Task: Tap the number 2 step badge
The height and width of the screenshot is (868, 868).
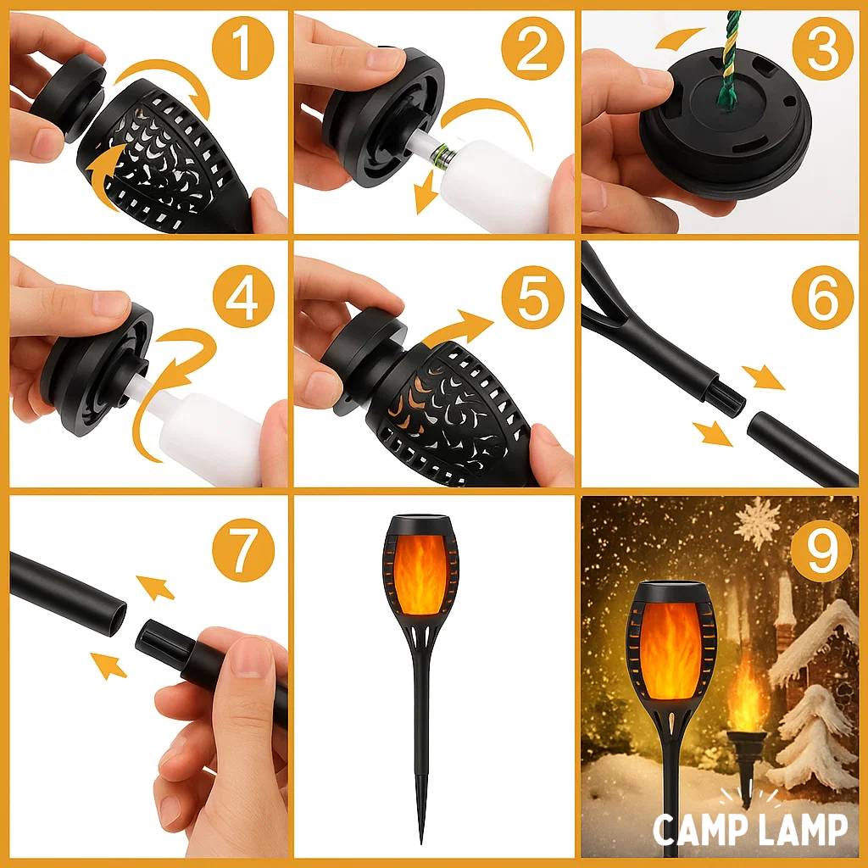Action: point(532,47)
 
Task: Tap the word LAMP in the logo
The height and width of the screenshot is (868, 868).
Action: point(805,830)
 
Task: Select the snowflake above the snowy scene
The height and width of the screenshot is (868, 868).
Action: point(757,524)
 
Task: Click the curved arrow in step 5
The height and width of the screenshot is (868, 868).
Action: point(462,329)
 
